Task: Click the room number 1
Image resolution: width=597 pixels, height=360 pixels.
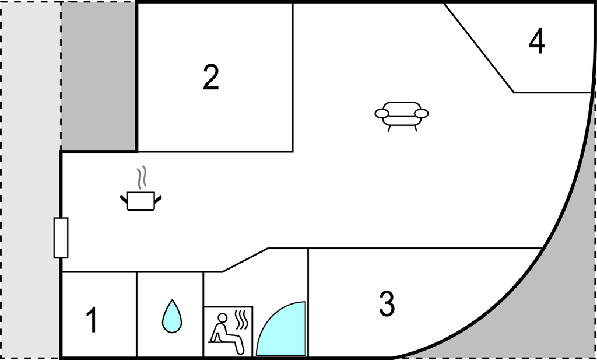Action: (x=92, y=320)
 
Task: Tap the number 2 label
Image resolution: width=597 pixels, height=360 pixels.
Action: (x=211, y=78)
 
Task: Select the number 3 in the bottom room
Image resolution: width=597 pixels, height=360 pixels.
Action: (x=387, y=303)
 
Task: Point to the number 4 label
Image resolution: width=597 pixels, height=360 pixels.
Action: (x=537, y=41)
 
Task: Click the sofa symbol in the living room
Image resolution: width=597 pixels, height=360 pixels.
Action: (x=402, y=116)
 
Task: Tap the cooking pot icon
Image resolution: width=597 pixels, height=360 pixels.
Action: (x=141, y=201)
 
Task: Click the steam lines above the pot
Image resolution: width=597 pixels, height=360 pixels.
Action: (x=142, y=177)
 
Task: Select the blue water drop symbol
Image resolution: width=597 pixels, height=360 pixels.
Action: (x=172, y=316)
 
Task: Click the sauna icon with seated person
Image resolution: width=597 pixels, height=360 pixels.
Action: (x=229, y=331)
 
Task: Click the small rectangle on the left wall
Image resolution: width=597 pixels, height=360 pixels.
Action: (x=61, y=237)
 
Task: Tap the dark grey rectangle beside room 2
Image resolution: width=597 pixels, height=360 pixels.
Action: (x=99, y=76)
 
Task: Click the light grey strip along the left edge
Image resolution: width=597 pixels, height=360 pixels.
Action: (x=30, y=180)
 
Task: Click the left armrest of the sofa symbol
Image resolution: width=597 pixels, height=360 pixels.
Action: (x=381, y=114)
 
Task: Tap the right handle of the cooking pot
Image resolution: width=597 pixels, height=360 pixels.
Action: (x=158, y=199)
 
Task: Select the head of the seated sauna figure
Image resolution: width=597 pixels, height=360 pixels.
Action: (x=223, y=318)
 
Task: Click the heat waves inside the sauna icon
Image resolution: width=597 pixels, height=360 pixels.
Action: (x=241, y=320)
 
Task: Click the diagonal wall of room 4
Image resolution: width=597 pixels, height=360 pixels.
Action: (x=479, y=48)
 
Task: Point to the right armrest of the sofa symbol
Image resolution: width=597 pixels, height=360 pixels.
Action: (x=422, y=114)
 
